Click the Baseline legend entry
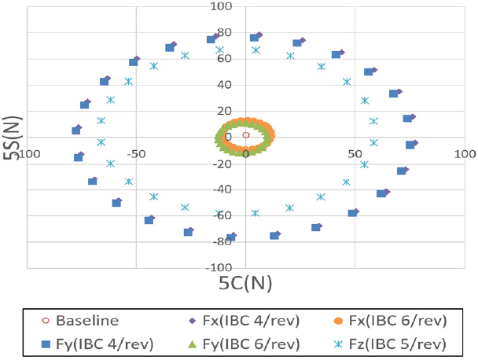(x=82, y=321)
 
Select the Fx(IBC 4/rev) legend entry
(x=234, y=321)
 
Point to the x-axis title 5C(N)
(x=246, y=281)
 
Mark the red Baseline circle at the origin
(x=246, y=135)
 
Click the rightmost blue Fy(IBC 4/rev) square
(x=410, y=145)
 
